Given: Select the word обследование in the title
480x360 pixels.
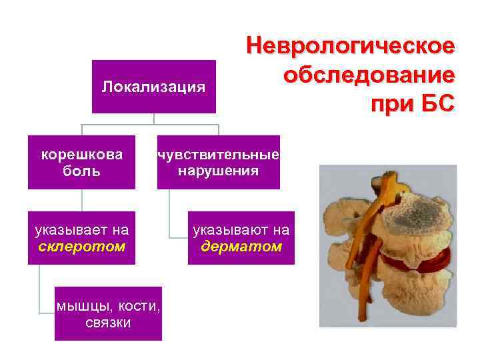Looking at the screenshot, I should coord(369,75).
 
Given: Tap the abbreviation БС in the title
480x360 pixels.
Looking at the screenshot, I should coord(437,103).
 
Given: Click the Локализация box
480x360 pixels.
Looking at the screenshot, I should coord(153,87).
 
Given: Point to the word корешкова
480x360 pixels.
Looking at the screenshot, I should coord(82,155).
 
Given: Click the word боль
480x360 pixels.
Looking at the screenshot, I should coord(82,171).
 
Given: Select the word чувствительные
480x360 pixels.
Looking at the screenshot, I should coord(218,155).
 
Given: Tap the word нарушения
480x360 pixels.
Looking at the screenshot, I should coord(218,171).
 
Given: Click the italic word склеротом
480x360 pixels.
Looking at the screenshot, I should coord(82,247).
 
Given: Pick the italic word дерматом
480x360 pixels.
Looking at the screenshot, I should coord(241,247).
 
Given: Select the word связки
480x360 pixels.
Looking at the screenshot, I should coord(109,323).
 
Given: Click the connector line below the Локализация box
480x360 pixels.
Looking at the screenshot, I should coord(153,119).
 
